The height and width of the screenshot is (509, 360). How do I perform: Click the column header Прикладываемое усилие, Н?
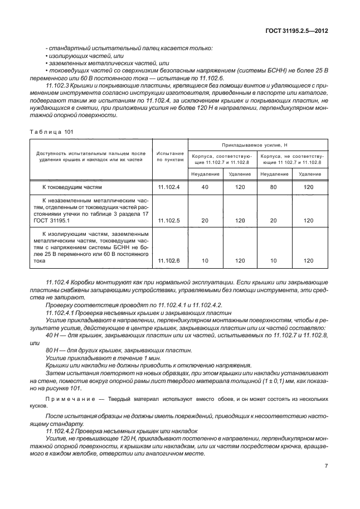(x=258, y=144)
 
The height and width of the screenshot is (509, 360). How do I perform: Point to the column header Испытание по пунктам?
(x=170, y=156)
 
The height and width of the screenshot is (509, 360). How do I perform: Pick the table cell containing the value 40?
(x=205, y=187)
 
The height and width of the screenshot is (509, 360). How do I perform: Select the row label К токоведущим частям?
(x=70, y=187)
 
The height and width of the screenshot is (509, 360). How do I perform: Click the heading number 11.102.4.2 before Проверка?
(x=64, y=432)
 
